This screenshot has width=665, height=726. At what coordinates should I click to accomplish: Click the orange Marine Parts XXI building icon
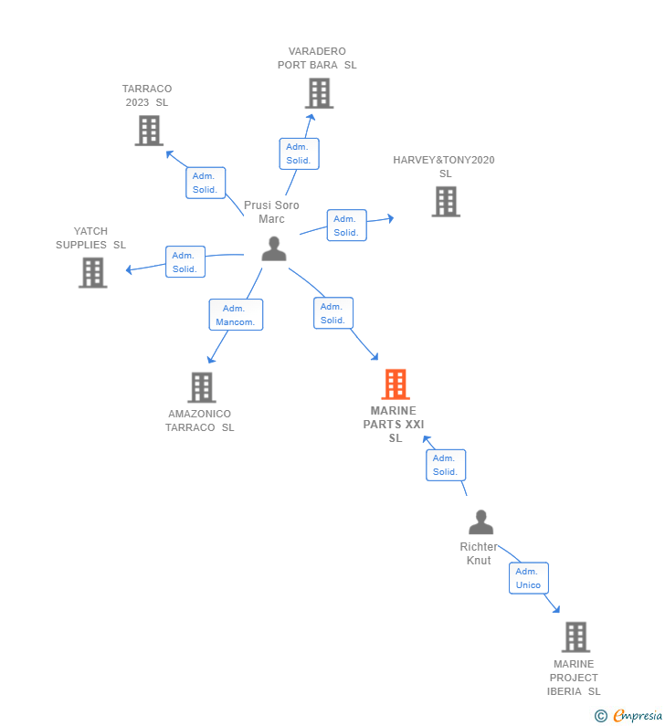click(x=395, y=384)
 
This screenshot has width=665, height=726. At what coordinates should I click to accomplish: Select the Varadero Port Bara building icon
click(x=319, y=93)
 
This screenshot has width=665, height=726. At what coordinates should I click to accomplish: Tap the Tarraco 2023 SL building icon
click(x=149, y=131)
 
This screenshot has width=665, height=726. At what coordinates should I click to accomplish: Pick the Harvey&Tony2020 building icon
click(x=446, y=202)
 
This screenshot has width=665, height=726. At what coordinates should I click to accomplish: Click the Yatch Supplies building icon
click(x=92, y=272)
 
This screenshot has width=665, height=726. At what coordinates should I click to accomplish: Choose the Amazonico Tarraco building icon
click(x=202, y=387)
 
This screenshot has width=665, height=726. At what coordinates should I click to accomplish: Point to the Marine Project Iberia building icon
click(x=575, y=637)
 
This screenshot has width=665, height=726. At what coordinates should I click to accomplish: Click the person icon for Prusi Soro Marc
click(x=274, y=248)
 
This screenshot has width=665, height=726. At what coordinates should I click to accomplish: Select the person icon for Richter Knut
click(x=480, y=522)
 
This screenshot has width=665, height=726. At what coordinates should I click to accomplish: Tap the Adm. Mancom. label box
click(x=236, y=315)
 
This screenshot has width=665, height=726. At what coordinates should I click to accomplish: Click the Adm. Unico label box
click(x=528, y=578)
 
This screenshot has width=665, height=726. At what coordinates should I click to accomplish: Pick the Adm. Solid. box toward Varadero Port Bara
click(x=299, y=153)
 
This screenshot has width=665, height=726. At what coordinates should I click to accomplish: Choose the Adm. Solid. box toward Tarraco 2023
click(x=205, y=183)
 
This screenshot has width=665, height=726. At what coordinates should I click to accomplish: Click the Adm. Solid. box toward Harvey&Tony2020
click(x=346, y=226)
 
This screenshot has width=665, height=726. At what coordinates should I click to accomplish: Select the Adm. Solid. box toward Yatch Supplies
click(x=185, y=262)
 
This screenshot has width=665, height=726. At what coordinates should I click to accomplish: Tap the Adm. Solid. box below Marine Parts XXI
click(x=445, y=465)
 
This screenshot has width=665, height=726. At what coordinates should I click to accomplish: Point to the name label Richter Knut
click(x=479, y=553)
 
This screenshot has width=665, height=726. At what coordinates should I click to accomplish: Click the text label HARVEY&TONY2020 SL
click(x=444, y=166)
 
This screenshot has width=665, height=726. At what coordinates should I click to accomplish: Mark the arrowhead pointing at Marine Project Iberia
click(x=556, y=609)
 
